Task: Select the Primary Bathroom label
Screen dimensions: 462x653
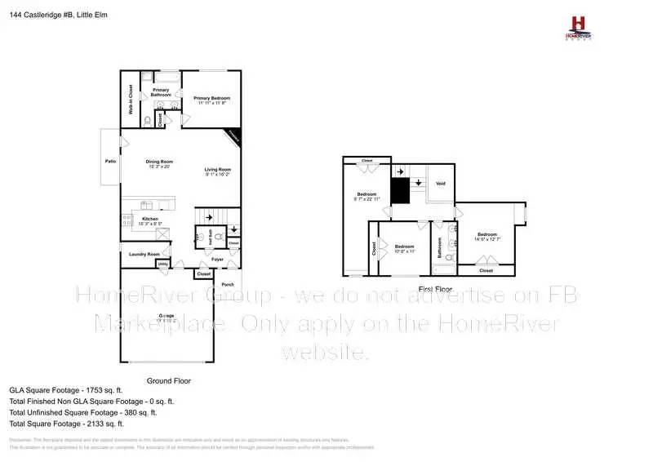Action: pyautogui.click(x=160, y=92)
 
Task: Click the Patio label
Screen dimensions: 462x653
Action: pyautogui.click(x=110, y=162)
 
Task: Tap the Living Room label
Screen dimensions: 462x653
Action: pyautogui.click(x=218, y=171)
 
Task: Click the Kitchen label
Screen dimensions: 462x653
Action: pyautogui.click(x=150, y=220)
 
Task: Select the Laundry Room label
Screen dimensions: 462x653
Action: pyautogui.click(x=144, y=255)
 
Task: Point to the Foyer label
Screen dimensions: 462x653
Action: pyautogui.click(x=217, y=260)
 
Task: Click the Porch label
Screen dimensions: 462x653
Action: pyautogui.click(x=228, y=284)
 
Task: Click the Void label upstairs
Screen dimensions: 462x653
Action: pyautogui.click(x=441, y=184)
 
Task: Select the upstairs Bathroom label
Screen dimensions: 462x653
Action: pyautogui.click(x=439, y=247)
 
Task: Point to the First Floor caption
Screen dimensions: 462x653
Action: pyautogui.click(x=435, y=290)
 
